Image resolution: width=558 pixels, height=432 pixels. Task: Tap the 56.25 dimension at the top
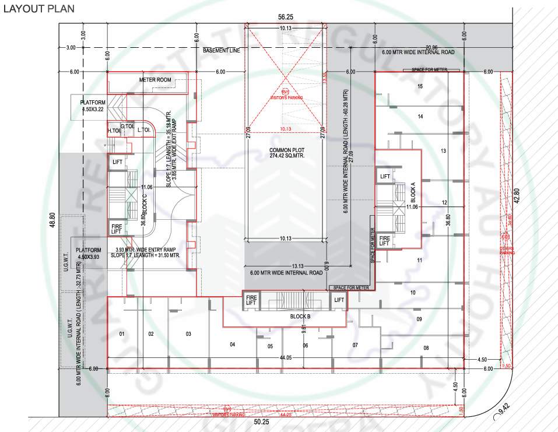tap(285, 18)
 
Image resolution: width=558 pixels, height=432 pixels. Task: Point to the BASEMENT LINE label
tap(221, 51)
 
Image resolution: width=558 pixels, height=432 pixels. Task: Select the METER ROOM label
tap(155, 79)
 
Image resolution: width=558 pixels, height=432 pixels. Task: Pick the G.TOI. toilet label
tap(128, 127)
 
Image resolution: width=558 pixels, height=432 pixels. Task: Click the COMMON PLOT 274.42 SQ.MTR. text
tap(285, 153)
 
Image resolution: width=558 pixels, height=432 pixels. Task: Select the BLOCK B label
tap(300, 316)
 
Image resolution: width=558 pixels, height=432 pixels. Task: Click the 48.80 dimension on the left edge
tap(52, 222)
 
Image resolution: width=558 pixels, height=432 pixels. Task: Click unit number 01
tap(122, 334)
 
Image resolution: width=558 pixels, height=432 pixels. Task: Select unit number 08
tap(426, 348)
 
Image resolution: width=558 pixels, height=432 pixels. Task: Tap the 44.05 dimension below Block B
tap(285, 357)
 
